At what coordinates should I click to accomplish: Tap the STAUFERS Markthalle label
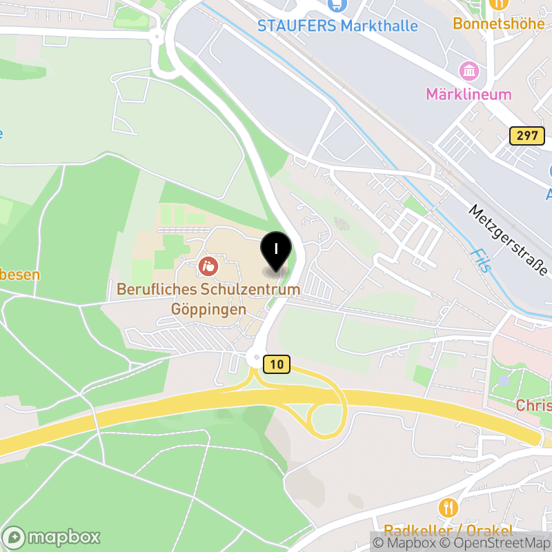[x=337, y=26]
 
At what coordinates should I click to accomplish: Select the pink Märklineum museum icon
[x=469, y=70]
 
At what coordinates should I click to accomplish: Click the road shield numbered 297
[x=525, y=135]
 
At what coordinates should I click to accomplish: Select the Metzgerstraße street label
[x=508, y=239]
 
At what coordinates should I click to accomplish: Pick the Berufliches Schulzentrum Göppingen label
[x=208, y=299]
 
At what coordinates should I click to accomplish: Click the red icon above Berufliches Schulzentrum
[x=207, y=265]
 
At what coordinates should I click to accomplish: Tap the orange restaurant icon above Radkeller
[x=448, y=509]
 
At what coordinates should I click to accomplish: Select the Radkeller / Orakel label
[x=448, y=531]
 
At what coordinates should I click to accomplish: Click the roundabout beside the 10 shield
[x=254, y=359]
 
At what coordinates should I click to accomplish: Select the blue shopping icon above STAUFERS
[x=337, y=4]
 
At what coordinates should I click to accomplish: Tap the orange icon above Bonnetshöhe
[x=497, y=3]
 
